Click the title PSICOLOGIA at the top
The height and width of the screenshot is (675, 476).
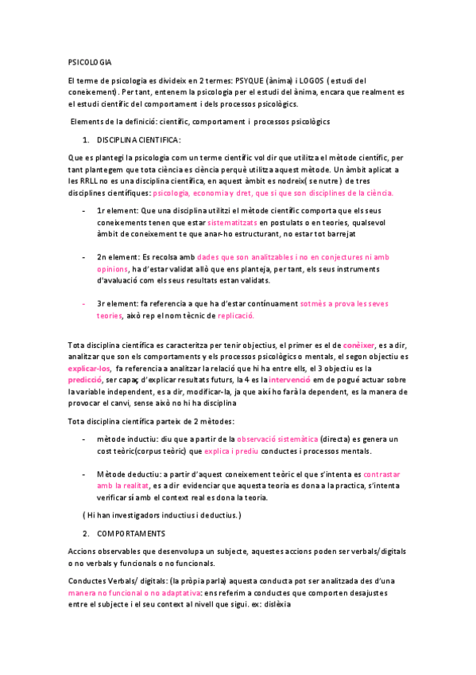pyautogui.click(x=90, y=62)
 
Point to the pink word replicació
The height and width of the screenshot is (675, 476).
pyautogui.click(x=236, y=315)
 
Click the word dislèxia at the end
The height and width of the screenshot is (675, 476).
pyautogui.click(x=277, y=604)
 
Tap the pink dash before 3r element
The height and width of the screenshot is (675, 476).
pyautogui.click(x=84, y=304)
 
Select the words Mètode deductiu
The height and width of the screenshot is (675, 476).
pyautogui.click(x=123, y=474)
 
